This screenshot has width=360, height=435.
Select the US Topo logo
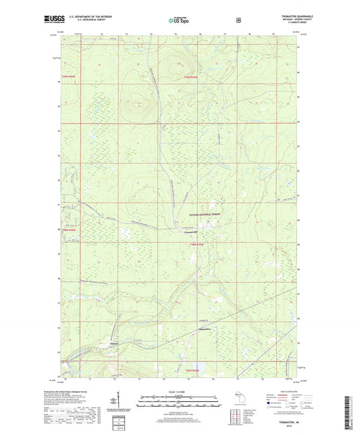click(x=180, y=20)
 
